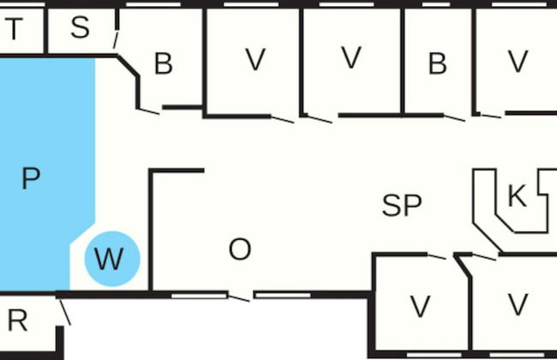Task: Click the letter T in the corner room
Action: pos(14,29)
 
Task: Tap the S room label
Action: pos(80,27)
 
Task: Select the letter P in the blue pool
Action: pos(31,179)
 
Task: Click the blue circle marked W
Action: pos(111,258)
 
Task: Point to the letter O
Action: pos(240,250)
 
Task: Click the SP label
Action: pos(402,206)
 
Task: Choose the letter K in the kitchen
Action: pos(517,197)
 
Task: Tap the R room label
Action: pos(17,321)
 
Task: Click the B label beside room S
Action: pos(163,63)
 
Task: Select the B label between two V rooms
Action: pos(437,63)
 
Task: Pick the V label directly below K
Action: pos(517,304)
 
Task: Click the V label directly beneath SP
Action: pos(419,305)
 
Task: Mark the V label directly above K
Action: pos(517,61)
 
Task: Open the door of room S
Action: pos(115,39)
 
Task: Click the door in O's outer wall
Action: pos(241,297)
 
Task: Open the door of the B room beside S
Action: pos(149,111)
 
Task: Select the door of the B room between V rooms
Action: pos(453,117)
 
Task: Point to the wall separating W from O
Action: pos(151,231)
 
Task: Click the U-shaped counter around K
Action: pos(493,219)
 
